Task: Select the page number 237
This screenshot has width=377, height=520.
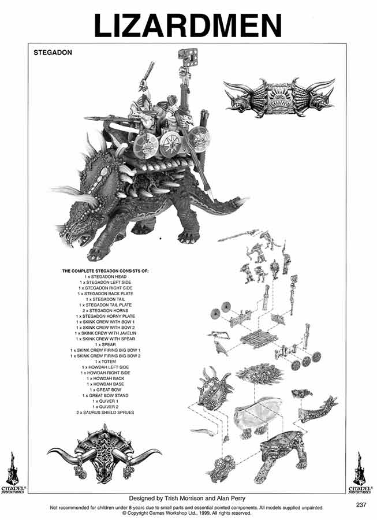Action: click(362, 504)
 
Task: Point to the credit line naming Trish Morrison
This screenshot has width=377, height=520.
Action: click(188, 497)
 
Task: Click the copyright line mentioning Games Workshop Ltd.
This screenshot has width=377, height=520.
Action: click(188, 512)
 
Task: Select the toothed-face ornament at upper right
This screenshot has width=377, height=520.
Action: click(275, 96)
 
